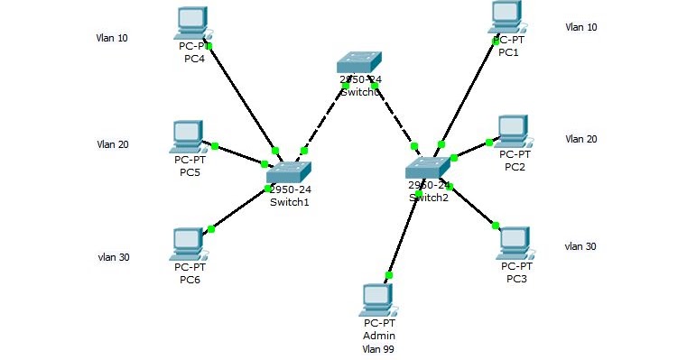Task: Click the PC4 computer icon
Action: click(x=190, y=23)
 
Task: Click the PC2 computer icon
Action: click(x=513, y=131)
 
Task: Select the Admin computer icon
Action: click(x=378, y=300)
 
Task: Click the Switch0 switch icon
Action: click(x=360, y=62)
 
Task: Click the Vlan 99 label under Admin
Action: click(x=378, y=348)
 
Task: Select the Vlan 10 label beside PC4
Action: click(x=112, y=38)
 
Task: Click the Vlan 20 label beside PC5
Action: click(x=113, y=144)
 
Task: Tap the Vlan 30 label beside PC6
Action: click(x=114, y=257)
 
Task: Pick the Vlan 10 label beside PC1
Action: click(x=581, y=27)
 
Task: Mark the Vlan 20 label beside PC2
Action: click(x=581, y=139)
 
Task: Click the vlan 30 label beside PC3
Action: click(x=580, y=246)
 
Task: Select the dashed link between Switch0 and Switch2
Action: click(x=394, y=115)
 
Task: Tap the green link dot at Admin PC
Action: click(x=389, y=275)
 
